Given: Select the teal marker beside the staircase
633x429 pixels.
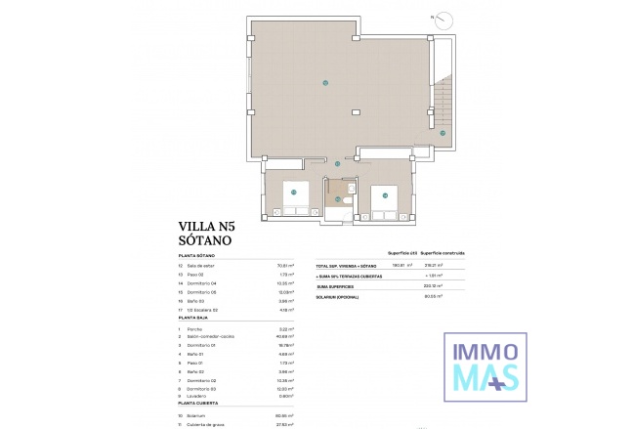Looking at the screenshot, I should tap(442, 133).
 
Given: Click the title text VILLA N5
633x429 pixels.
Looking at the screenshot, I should tap(210, 224).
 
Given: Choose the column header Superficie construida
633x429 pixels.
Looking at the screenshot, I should tap(442, 252).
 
